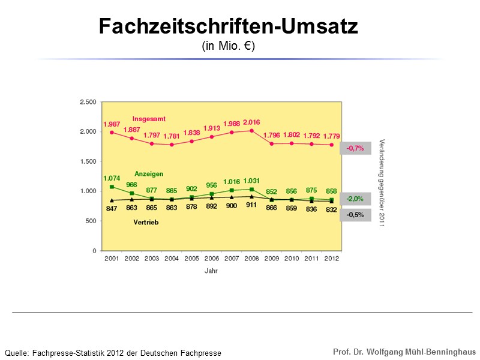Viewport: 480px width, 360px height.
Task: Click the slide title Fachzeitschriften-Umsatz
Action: point(228,26)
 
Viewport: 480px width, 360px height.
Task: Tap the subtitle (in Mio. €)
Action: point(228,46)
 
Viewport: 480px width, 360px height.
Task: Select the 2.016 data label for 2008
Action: point(251,122)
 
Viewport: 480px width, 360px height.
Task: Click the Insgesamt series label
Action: point(149,118)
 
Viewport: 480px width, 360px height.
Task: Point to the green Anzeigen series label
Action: point(149,173)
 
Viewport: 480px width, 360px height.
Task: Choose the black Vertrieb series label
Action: point(145,221)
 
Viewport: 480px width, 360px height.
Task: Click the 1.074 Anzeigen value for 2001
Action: point(112,178)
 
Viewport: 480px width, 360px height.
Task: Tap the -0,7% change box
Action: point(355,148)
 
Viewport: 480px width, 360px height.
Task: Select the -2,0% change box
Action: point(355,199)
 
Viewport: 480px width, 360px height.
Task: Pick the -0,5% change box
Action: point(355,215)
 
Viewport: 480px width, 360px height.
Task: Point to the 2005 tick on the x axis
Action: point(191,259)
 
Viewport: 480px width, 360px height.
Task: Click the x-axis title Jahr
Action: point(211,271)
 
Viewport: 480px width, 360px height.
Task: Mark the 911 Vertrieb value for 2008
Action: point(251,205)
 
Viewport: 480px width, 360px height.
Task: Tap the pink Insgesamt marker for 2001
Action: point(112,132)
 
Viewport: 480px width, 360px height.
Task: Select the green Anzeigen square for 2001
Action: point(112,187)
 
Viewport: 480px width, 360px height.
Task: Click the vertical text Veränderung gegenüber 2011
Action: point(382,183)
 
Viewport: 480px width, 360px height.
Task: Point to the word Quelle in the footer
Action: point(16,353)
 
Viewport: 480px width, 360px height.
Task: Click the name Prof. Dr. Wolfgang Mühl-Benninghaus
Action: point(404,351)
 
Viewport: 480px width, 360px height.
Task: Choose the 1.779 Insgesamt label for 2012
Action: point(331,136)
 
